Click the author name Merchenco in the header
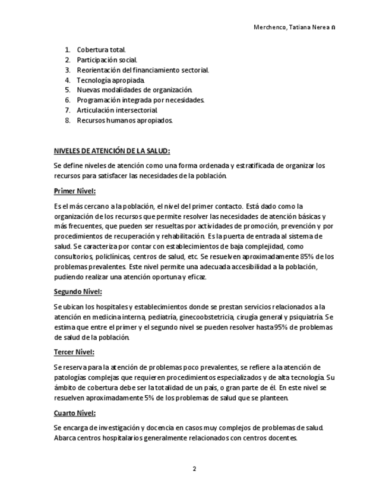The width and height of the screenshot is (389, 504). coord(271,27)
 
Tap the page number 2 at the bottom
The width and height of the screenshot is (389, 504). coord(194,469)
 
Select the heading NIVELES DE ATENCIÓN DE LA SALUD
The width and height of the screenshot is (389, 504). coord(112,151)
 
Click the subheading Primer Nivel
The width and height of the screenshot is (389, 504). coord(75,191)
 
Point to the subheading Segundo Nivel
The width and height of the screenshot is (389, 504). coord(78,292)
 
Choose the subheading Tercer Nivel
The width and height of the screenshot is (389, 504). coord(74,352)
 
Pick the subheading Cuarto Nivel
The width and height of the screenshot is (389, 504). coord(75,413)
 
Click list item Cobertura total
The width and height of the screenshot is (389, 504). coord(101,50)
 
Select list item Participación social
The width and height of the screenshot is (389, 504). coord(107,60)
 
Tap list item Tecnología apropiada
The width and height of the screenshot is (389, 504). coord(110,80)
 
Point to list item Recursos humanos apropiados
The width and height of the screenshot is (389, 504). coord(125,121)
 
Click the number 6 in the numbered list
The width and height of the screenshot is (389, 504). coord(68,100)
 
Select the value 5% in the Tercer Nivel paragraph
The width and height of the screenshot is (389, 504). coord(148,398)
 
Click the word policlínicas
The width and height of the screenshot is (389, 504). coord(111,257)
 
